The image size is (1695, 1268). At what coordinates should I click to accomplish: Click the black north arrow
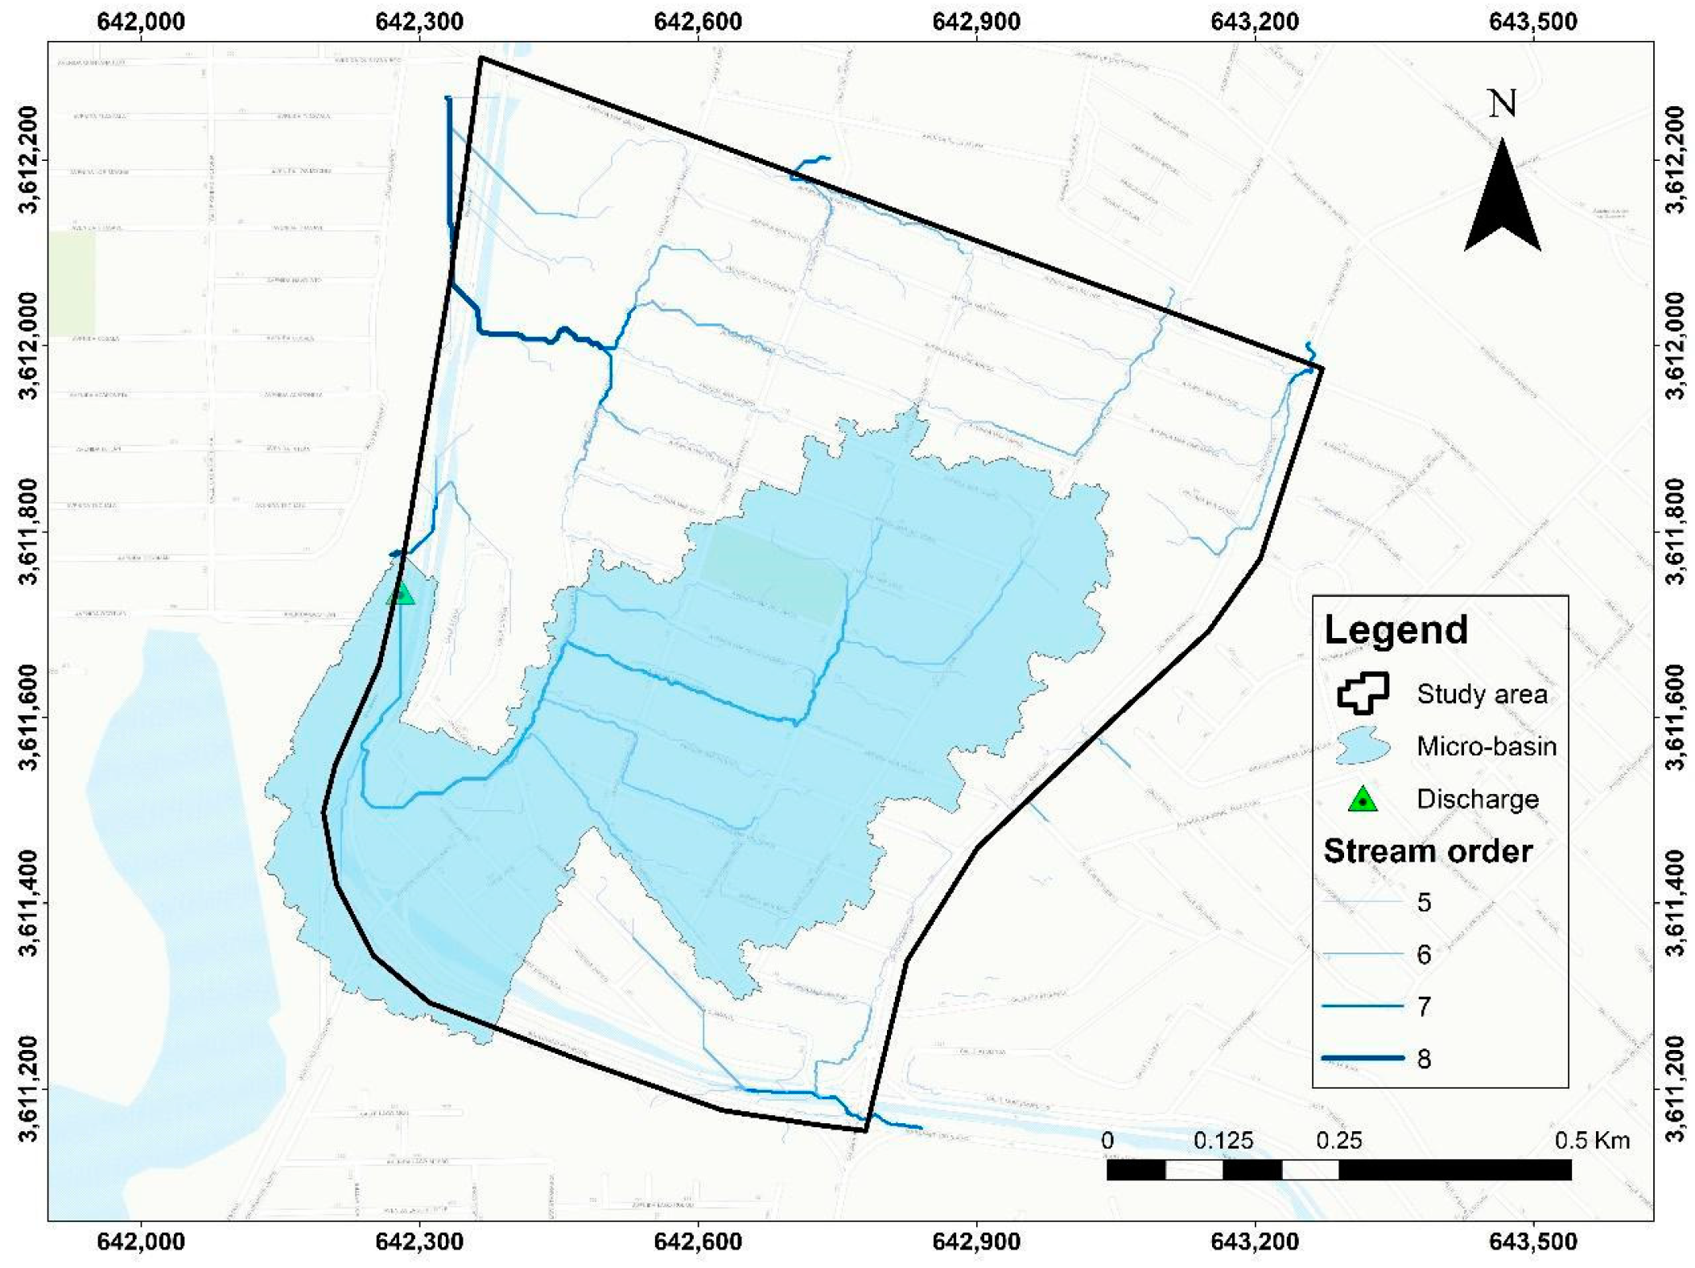[1502, 201]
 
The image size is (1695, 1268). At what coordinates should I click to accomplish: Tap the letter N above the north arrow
[1502, 105]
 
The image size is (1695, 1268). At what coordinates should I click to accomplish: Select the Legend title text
[1396, 629]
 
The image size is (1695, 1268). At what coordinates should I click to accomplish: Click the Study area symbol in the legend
[1363, 694]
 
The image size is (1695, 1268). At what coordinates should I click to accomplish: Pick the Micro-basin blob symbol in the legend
[1362, 746]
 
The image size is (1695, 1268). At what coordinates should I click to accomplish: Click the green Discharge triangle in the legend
[1363, 800]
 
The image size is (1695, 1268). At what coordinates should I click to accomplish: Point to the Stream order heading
[1428, 851]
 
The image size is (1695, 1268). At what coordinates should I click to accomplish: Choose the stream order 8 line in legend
[1363, 1058]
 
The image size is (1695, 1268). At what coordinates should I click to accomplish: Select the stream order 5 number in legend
[1424, 903]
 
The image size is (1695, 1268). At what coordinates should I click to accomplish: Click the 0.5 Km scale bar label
[1591, 1140]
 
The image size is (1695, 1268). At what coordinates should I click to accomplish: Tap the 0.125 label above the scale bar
[1223, 1140]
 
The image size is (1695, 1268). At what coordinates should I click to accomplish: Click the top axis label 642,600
[697, 22]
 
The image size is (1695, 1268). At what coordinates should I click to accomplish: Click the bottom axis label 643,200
[1254, 1241]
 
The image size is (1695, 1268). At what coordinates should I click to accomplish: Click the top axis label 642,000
[141, 22]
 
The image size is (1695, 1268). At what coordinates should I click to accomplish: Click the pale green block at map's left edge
[72, 282]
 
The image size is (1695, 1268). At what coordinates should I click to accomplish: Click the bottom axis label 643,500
[1532, 1241]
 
